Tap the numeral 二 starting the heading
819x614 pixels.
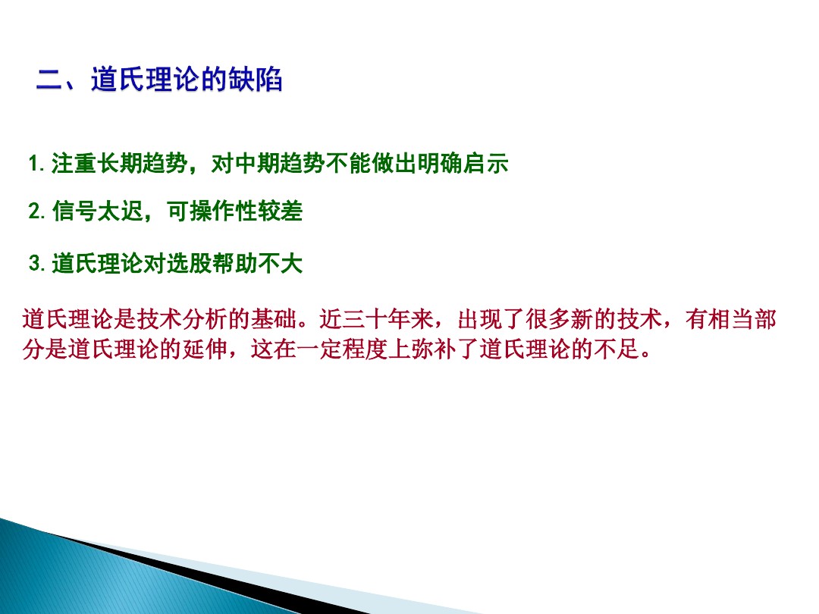[x=51, y=80]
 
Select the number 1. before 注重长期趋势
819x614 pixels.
[x=37, y=164]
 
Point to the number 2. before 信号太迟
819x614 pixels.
[x=37, y=212]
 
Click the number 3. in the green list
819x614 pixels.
[x=37, y=265]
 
